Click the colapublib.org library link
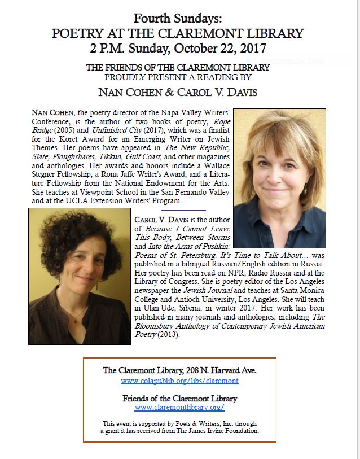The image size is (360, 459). (x=179, y=381)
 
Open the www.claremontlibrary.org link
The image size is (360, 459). (x=179, y=407)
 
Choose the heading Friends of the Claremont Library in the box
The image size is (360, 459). (x=179, y=398)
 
